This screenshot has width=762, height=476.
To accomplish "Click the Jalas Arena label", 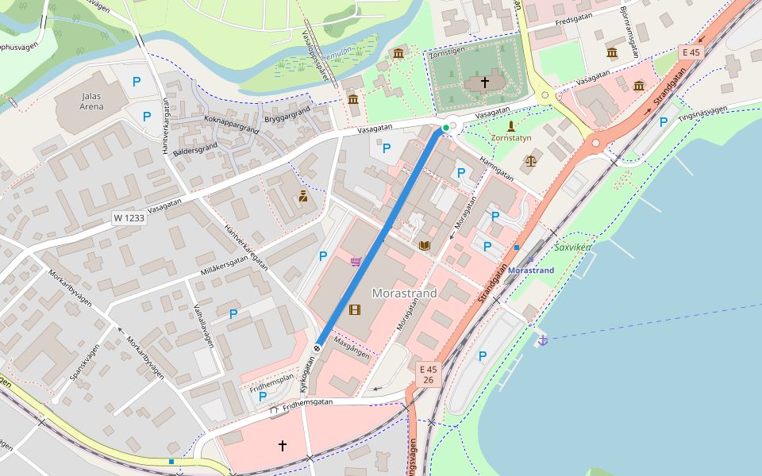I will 92,101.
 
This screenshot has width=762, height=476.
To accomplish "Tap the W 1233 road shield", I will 129,217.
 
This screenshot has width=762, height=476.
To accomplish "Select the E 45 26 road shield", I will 428,375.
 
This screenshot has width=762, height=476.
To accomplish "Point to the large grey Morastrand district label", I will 404,294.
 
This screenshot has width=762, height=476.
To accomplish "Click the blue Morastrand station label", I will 530,271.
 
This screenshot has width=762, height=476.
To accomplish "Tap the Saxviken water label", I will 573,247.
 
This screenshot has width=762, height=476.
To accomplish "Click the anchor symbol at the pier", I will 543,340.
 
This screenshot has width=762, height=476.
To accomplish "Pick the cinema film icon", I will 354,309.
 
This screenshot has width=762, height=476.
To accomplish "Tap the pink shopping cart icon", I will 356,262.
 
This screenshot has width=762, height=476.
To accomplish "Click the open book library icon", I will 424,245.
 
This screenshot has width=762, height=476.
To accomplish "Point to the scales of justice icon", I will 530,161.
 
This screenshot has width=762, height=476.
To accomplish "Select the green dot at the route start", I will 446,127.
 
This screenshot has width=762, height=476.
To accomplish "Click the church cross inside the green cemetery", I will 485,83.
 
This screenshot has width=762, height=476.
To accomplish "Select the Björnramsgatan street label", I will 633,34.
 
